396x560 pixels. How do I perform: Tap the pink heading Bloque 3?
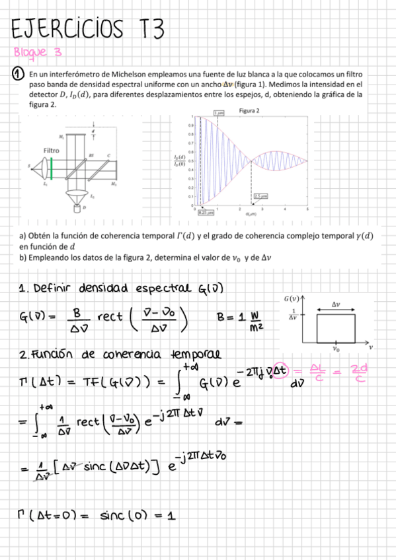click(x=40, y=53)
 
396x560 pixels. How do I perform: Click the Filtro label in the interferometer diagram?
click(x=51, y=151)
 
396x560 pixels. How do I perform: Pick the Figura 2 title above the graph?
click(x=249, y=110)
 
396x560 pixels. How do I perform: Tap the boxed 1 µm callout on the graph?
click(x=219, y=114)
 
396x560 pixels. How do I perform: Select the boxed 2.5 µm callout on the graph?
click(x=260, y=196)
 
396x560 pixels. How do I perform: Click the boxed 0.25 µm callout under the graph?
click(x=206, y=212)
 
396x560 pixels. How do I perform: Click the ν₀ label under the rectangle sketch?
click(x=337, y=348)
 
